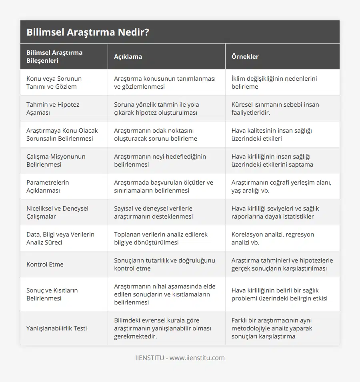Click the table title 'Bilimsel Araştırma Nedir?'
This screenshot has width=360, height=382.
click(88, 32)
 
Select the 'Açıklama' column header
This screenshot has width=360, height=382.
click(128, 56)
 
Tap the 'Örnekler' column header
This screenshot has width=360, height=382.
click(245, 56)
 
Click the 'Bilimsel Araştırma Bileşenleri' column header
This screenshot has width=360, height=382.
click(54, 56)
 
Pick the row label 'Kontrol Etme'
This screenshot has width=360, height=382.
click(45, 264)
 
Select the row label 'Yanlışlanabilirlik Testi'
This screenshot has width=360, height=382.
click(56, 328)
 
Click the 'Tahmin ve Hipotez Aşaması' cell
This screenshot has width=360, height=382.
click(53, 108)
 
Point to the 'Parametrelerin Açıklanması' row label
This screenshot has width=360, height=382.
click(48, 186)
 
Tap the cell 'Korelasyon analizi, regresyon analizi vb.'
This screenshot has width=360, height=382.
click(272, 238)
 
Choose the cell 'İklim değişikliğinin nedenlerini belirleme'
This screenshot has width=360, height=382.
click(274, 82)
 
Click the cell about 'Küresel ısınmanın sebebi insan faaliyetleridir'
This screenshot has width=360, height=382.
click(275, 108)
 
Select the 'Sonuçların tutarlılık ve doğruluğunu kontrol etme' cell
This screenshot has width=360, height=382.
click(164, 264)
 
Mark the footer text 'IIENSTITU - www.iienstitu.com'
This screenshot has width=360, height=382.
click(180, 358)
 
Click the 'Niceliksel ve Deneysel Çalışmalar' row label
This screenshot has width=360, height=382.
click(57, 212)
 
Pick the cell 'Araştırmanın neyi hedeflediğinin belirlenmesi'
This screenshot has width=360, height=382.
click(160, 160)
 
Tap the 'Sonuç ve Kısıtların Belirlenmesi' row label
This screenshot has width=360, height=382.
click(52, 294)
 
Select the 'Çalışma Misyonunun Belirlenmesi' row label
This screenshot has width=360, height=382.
click(56, 160)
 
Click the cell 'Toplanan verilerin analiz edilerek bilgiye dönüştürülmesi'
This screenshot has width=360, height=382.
click(160, 238)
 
